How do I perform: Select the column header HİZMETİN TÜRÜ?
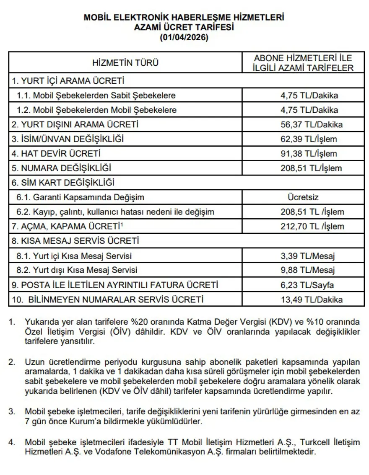click(x=125, y=63)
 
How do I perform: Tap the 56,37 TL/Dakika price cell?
click(x=312, y=124)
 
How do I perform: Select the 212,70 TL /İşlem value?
click(x=312, y=227)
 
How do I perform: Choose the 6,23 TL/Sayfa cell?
click(x=307, y=285)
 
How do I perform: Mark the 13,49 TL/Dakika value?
click(x=312, y=299)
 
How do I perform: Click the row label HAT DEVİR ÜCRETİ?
click(x=56, y=154)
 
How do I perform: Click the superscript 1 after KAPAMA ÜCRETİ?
click(x=121, y=224)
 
